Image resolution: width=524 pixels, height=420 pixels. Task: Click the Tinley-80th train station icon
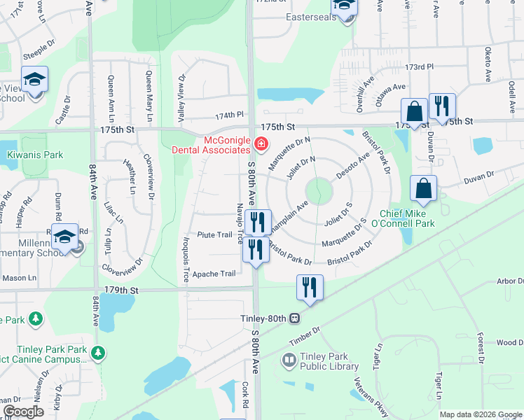295,318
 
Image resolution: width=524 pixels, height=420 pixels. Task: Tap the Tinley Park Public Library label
329,360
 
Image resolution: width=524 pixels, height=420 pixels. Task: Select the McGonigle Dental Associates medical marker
261,145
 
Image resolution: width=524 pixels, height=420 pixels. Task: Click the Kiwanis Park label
35,155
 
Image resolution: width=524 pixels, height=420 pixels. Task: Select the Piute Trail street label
214,235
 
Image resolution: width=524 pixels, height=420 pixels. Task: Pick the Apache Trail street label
214,274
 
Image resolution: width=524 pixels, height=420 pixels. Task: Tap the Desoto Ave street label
352,168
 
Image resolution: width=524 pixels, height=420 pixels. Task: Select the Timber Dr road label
305,336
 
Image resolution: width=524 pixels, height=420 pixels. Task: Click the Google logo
24,412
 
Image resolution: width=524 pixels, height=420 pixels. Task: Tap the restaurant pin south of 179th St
308,287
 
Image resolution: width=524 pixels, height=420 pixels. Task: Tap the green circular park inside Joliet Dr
318,189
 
